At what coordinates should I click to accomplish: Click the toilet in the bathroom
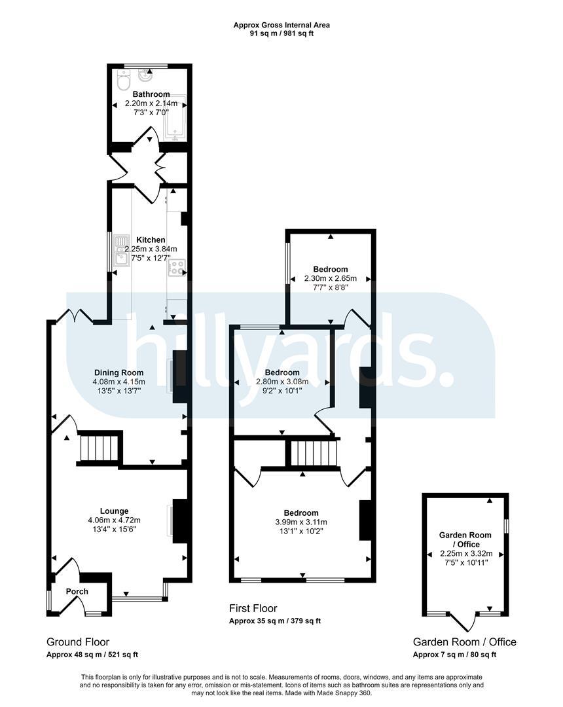pyautogui.click(x=122, y=81)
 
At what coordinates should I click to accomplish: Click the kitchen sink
pyautogui.click(x=122, y=250)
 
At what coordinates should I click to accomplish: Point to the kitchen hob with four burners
pyautogui.click(x=177, y=267)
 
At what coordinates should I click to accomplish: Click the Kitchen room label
pyautogui.click(x=151, y=240)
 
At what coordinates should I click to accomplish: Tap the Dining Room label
pyautogui.click(x=119, y=372)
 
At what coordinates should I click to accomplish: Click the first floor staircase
pyautogui.click(x=314, y=453)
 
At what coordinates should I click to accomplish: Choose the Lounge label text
pyautogui.click(x=114, y=511)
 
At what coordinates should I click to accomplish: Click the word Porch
pyautogui.click(x=77, y=591)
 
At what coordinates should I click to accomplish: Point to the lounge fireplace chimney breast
pyautogui.click(x=180, y=521)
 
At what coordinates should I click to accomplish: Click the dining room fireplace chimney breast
pyautogui.click(x=180, y=376)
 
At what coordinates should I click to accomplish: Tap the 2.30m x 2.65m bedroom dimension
pyautogui.click(x=331, y=278)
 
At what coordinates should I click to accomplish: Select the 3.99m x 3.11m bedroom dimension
pyautogui.click(x=301, y=522)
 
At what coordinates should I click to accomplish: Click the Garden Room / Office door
pyautogui.click(x=463, y=623)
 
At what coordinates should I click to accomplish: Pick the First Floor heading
pyautogui.click(x=253, y=608)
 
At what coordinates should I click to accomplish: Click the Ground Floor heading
pyautogui.click(x=78, y=642)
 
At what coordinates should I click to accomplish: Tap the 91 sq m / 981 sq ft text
pyautogui.click(x=281, y=33)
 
